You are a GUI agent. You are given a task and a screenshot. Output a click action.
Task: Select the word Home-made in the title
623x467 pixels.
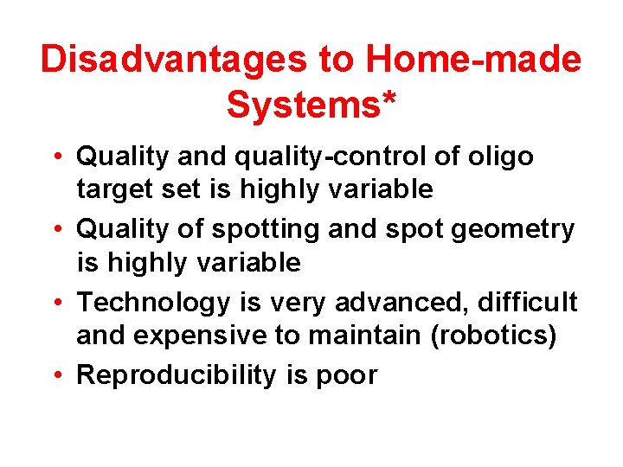pos(472,60)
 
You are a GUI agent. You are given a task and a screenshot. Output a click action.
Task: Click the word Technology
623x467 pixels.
pos(152,304)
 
